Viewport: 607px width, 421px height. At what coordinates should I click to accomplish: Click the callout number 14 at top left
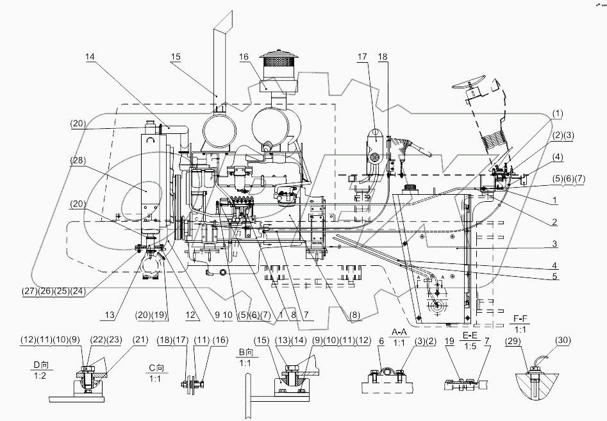[x=90, y=57]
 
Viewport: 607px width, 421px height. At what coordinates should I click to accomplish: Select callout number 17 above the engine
[x=362, y=57]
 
